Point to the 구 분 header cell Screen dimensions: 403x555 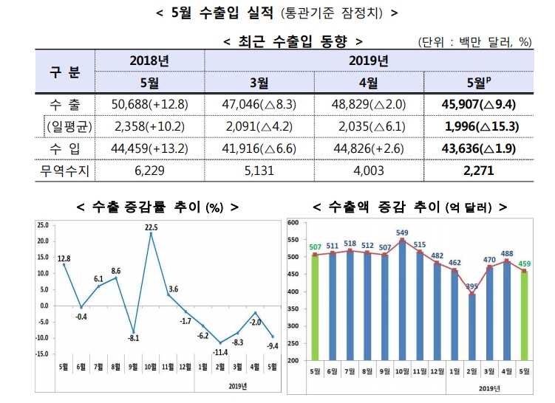coord(65,71)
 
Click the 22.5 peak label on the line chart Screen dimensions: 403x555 coord(151,227)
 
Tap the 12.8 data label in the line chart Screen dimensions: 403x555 coord(64,258)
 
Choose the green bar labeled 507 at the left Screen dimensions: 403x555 coord(316,306)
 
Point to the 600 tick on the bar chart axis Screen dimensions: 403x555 coord(293,222)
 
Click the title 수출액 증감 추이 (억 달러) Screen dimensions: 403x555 coord(410,206)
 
